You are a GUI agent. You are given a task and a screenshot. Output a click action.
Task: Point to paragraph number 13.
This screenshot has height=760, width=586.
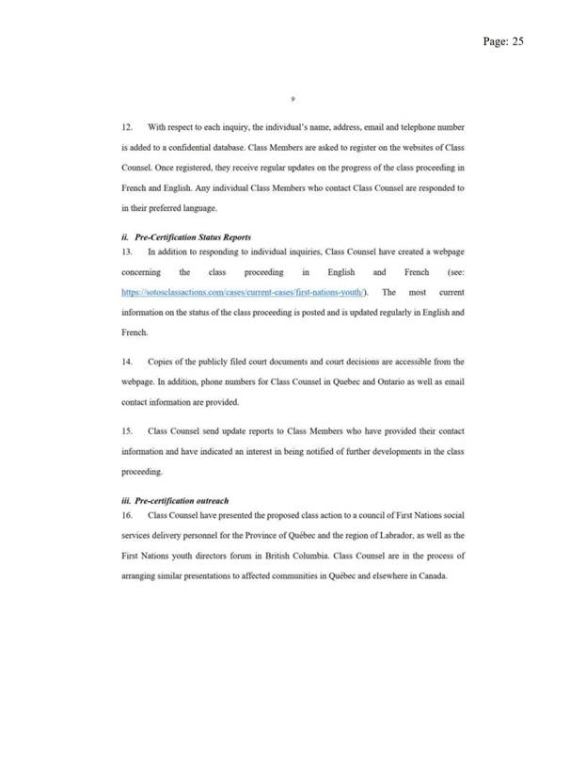127,251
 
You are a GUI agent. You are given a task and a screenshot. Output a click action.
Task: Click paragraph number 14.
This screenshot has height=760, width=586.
127,361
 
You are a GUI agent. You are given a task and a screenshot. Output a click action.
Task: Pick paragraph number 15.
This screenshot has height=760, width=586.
127,430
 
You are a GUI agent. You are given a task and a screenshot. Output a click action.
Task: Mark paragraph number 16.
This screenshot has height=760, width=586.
127,515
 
